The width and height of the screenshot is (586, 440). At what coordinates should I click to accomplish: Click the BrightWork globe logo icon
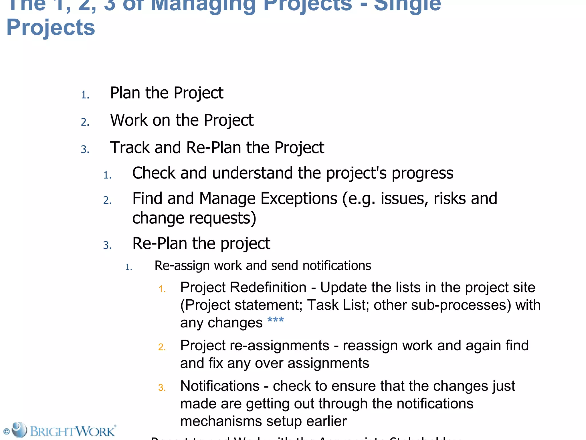click(x=19, y=430)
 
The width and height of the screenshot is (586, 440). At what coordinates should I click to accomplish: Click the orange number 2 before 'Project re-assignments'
click(x=162, y=347)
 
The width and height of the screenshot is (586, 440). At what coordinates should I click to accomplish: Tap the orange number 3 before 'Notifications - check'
click(x=162, y=388)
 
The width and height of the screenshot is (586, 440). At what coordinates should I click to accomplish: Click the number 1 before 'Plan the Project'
click(x=85, y=95)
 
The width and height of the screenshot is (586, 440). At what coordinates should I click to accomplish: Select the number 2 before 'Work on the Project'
click(x=85, y=122)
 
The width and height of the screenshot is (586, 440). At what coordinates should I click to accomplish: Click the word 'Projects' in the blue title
click(x=51, y=27)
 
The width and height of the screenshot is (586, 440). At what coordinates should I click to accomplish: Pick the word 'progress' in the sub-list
click(x=422, y=173)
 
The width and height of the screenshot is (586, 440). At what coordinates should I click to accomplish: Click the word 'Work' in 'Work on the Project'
click(x=129, y=120)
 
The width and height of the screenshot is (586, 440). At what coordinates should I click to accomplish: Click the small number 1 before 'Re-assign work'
click(x=128, y=268)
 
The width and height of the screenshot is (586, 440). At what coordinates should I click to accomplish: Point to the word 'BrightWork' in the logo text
click(x=73, y=431)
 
